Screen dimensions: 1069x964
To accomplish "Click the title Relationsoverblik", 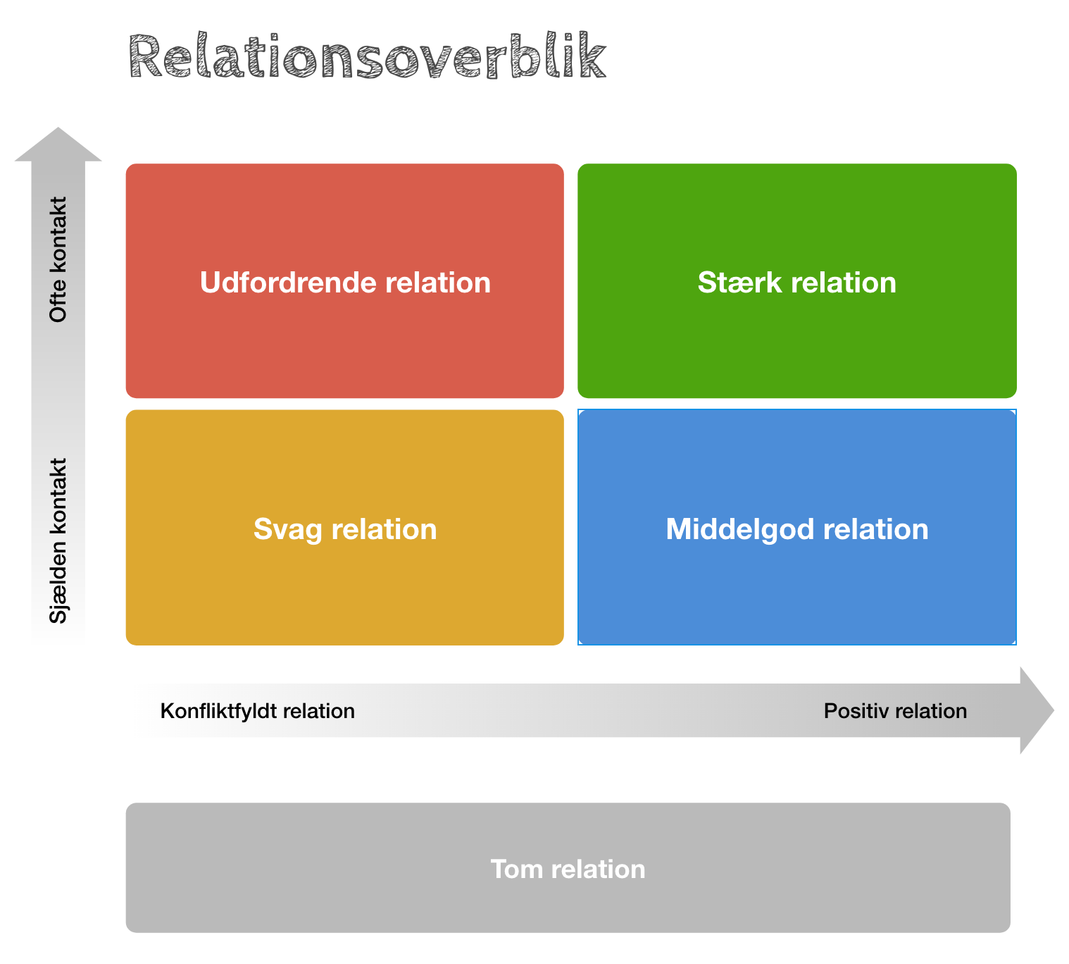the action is tap(367, 55).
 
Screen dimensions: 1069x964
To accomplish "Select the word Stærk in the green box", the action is tap(739, 282).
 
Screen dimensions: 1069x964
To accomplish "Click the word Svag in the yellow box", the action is tap(287, 530).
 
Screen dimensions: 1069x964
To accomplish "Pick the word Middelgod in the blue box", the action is tap(740, 529).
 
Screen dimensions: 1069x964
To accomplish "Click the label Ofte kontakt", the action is tap(58, 259).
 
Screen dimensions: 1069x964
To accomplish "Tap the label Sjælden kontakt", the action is tap(58, 540).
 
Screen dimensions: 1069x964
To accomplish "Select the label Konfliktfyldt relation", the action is tap(258, 711).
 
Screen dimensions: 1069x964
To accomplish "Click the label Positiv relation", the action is tap(895, 711).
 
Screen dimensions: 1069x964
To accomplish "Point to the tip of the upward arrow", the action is tap(58, 128).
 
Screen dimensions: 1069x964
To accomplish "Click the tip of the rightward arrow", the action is tap(1054, 710).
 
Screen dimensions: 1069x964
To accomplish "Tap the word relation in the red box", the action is tap(437, 282).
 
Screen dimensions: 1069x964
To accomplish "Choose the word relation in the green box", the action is tap(844, 282).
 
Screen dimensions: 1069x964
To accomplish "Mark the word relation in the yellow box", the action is tap(384, 529).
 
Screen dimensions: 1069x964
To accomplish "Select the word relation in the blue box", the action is tap(876, 529).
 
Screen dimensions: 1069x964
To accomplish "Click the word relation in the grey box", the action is tap(599, 869).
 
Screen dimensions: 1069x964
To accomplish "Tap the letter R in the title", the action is tap(145, 56).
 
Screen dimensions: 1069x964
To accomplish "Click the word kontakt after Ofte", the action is tap(58, 234).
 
